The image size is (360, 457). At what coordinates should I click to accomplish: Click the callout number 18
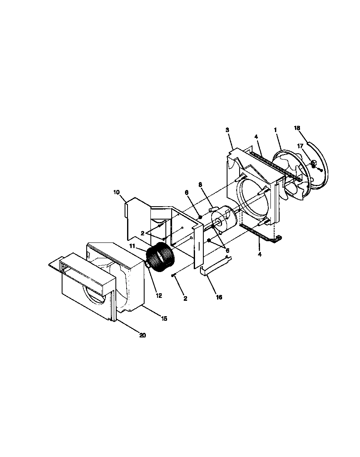click(x=297, y=128)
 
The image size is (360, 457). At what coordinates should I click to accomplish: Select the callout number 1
click(x=275, y=130)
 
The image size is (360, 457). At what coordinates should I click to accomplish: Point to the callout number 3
click(x=227, y=130)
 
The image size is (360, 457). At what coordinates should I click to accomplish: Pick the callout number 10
click(x=116, y=192)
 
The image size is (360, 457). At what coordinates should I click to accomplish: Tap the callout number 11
click(x=132, y=246)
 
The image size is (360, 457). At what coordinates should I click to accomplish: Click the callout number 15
click(x=164, y=318)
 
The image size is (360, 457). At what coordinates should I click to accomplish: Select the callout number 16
click(x=219, y=297)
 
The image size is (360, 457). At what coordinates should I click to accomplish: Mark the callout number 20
click(x=142, y=335)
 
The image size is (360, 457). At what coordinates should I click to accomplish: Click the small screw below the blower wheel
click(x=172, y=275)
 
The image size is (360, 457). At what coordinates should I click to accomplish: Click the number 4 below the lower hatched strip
click(x=260, y=254)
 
